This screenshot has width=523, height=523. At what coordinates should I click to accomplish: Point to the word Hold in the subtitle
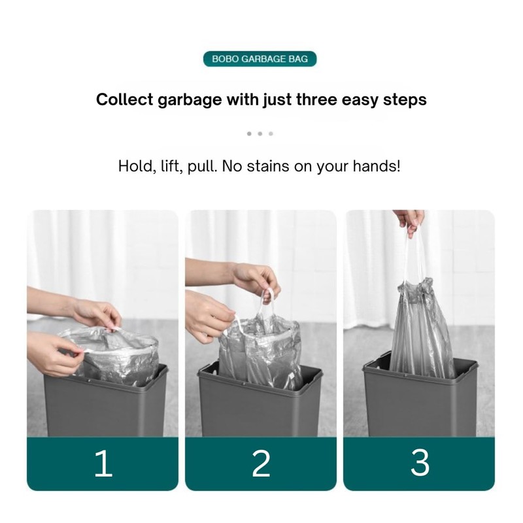134,166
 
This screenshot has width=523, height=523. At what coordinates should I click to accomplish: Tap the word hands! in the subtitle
377,166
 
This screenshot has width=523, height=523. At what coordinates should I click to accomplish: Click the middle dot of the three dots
260,134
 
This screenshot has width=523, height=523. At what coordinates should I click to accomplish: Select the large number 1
103,464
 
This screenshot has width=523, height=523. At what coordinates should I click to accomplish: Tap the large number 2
261,464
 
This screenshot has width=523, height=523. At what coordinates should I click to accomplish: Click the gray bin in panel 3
418,405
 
